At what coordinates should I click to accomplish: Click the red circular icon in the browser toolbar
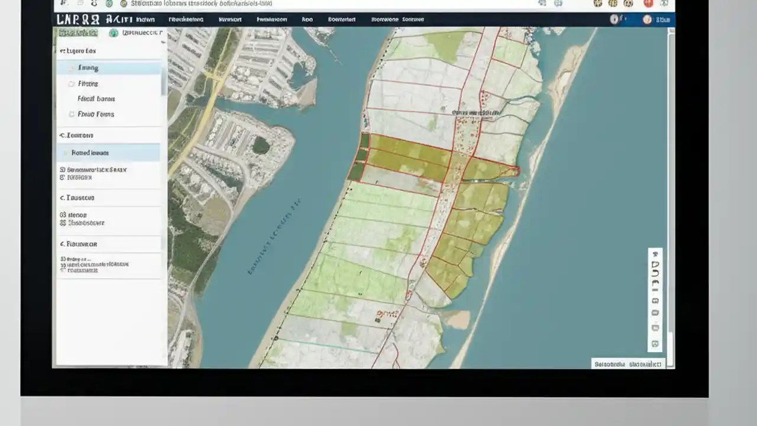pos(648,4)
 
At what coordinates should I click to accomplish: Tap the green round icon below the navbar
pos(114,33)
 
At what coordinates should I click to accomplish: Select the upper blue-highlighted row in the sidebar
pos(109,68)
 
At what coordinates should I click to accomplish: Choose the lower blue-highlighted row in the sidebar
pos(109,153)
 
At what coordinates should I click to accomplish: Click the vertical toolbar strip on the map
pos(655,299)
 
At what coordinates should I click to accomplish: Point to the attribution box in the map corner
pos(629,364)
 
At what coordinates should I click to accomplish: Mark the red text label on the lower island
pos(387,314)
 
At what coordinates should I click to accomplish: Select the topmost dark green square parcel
pos(365,140)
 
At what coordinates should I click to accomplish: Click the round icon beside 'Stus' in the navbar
pos(647,20)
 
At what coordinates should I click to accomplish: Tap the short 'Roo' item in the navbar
pos(307,20)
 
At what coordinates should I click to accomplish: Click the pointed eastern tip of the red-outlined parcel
pos(518,172)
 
